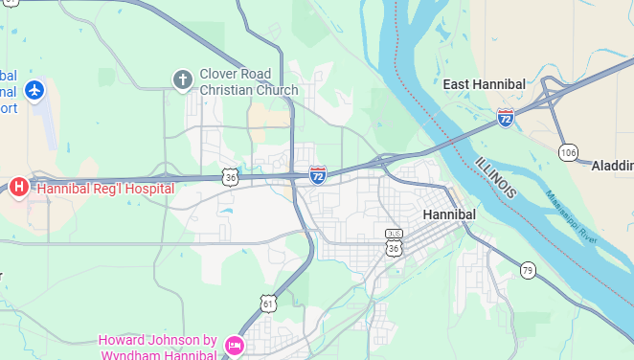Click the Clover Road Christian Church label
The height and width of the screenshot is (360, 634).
point(249,82)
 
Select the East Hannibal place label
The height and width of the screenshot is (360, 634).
point(484,84)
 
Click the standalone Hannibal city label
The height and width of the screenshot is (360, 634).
point(449,214)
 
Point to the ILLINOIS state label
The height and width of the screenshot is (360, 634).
point(495,176)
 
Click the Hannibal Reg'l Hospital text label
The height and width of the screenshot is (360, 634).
point(105,189)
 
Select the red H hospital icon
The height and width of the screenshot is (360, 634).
point(18,188)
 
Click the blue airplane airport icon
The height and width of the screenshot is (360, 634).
point(35,90)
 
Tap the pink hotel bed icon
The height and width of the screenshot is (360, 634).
point(234,345)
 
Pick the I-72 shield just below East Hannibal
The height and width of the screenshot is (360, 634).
point(505,117)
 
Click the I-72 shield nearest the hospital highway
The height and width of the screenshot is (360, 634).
point(318,174)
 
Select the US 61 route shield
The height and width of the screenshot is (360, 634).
point(268,304)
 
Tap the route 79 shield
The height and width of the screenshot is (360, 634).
point(528,271)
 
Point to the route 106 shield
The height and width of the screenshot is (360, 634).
point(568,152)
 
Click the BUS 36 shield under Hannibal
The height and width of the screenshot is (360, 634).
point(393,240)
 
